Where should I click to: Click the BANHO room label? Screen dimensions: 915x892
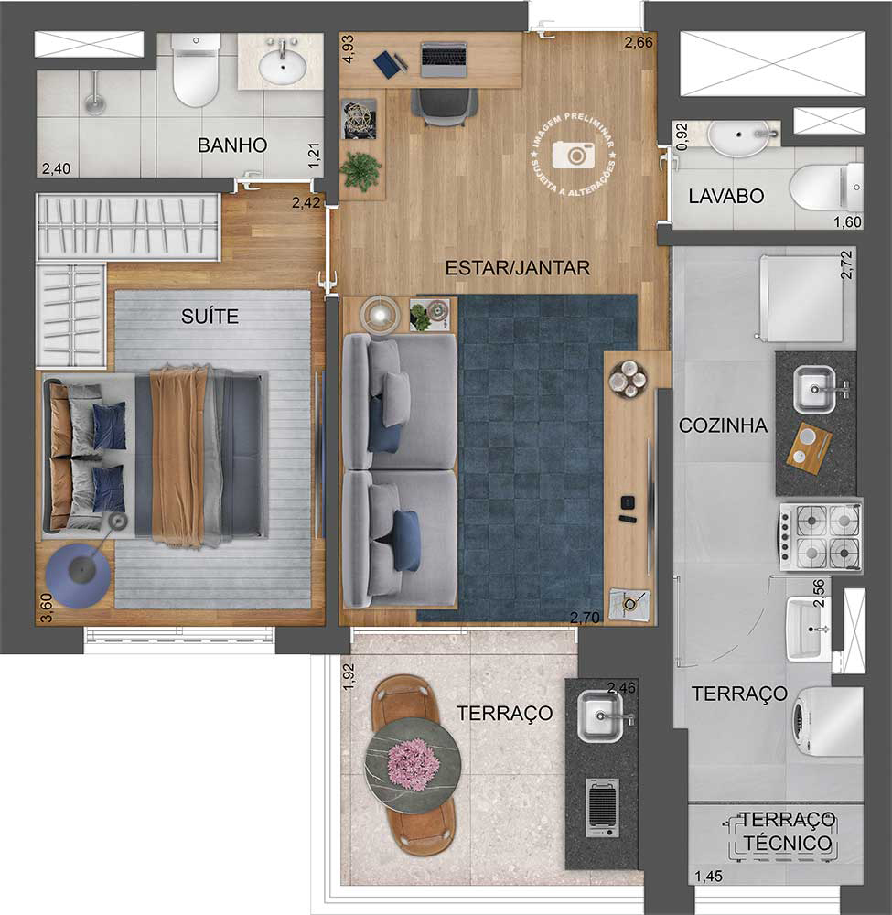(x=232, y=145)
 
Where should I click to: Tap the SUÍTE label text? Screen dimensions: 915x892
(x=210, y=317)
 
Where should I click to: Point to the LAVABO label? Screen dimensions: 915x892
(x=726, y=196)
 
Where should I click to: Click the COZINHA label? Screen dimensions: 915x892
(x=723, y=425)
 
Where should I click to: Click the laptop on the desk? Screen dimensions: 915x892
(x=443, y=59)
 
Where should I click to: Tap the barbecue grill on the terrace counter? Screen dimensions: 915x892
(x=602, y=808)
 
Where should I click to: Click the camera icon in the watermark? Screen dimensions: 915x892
(x=575, y=155)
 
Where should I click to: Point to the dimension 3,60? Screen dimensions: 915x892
(x=46, y=608)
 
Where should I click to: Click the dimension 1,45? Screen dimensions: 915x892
(x=708, y=877)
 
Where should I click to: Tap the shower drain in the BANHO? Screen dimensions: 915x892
(x=93, y=102)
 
